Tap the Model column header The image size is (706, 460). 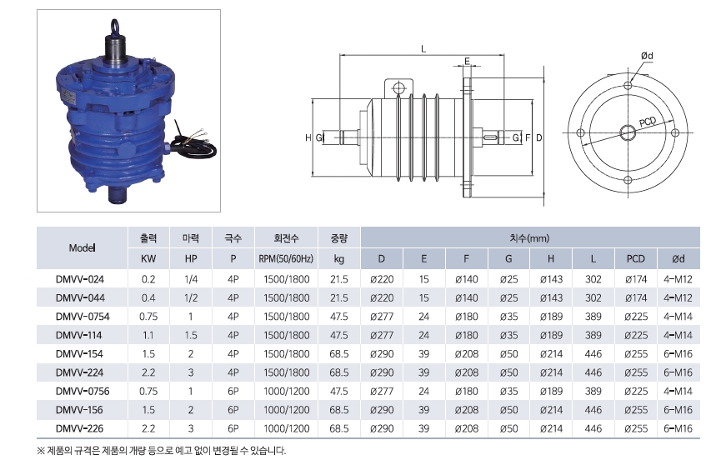tap(82, 248)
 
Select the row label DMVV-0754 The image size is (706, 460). tap(83, 317)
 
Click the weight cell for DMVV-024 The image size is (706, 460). tap(339, 279)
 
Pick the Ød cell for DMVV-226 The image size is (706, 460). tap(678, 428)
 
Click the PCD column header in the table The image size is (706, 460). tap(636, 259)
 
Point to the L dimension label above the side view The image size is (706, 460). tap(423, 48)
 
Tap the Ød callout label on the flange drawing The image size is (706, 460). tap(647, 56)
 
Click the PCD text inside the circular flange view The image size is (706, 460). tap(648, 122)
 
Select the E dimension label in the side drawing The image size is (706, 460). tap(468, 61)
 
